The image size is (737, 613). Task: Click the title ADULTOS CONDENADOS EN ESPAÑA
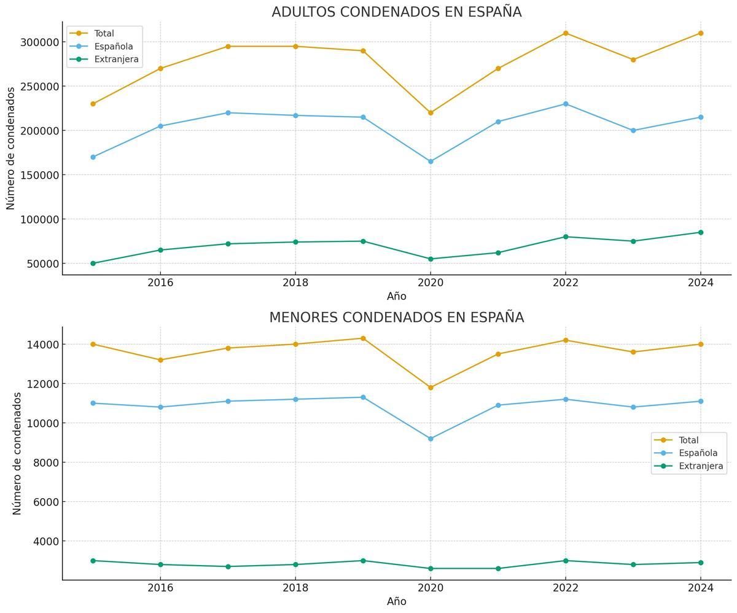[396, 12]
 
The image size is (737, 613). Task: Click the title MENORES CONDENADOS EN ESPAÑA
[396, 318]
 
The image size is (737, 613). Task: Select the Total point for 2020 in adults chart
[431, 113]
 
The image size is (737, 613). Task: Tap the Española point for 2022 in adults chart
[566, 104]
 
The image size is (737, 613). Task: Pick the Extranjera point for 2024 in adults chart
[700, 232]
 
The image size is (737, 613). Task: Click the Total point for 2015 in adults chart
[93, 104]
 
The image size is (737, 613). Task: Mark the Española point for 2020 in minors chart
[431, 439]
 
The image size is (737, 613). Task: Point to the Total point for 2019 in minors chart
[363, 338]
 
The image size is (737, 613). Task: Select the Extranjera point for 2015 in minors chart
[93, 561]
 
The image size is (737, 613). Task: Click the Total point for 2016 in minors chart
[160, 360]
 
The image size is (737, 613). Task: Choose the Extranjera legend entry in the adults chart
[116, 60]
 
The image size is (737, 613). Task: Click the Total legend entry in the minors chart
[688, 440]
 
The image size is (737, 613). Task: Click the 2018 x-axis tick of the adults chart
[295, 283]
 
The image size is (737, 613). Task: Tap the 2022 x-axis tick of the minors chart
[566, 588]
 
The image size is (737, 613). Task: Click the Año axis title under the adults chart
[396, 296]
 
